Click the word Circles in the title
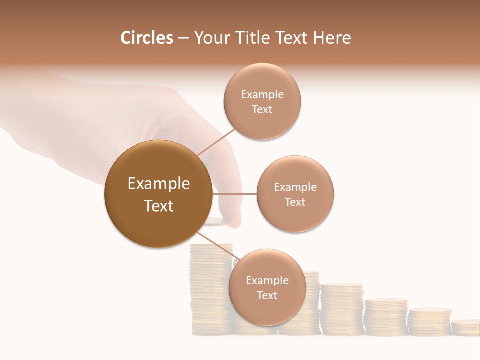(146, 38)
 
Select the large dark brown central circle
(158, 194)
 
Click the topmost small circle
(262, 102)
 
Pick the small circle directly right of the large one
(295, 194)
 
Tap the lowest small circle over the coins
(267, 287)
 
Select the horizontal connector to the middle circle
(234, 194)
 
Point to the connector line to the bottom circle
(217, 246)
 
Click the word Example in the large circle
(158, 183)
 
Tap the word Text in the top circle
(262, 109)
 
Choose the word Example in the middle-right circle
(295, 187)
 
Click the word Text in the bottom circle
(267, 295)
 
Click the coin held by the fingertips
(218, 221)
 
